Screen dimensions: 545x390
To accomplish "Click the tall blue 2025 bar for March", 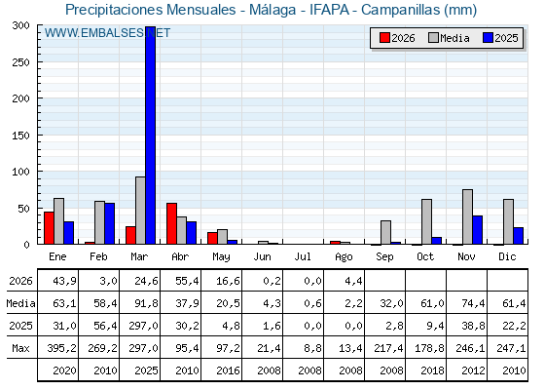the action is (151, 136).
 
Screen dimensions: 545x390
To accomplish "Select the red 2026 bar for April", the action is (171, 223).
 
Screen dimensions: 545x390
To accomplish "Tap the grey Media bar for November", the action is (467, 216).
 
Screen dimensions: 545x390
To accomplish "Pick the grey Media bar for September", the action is (385, 232).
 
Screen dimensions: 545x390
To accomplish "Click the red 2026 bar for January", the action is (49, 228).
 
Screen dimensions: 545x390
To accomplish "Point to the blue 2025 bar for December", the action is (518, 236).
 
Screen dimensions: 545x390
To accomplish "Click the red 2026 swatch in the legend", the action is (384, 38).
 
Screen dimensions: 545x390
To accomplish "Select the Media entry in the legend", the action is (449, 38).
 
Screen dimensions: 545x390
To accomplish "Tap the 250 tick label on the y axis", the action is (21, 62).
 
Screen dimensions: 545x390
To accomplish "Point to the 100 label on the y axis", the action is (21, 172).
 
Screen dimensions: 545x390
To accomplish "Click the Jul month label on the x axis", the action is (303, 256).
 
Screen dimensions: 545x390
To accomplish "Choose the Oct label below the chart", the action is (425, 256).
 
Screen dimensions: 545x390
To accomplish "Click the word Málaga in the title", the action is (272, 10).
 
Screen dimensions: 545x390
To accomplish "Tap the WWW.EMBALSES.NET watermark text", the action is (107, 33).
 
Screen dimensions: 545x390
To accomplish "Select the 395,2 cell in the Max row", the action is (62, 348).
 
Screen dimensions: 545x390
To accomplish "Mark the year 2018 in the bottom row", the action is (432, 370).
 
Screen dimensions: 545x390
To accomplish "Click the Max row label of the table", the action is (20, 348).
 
